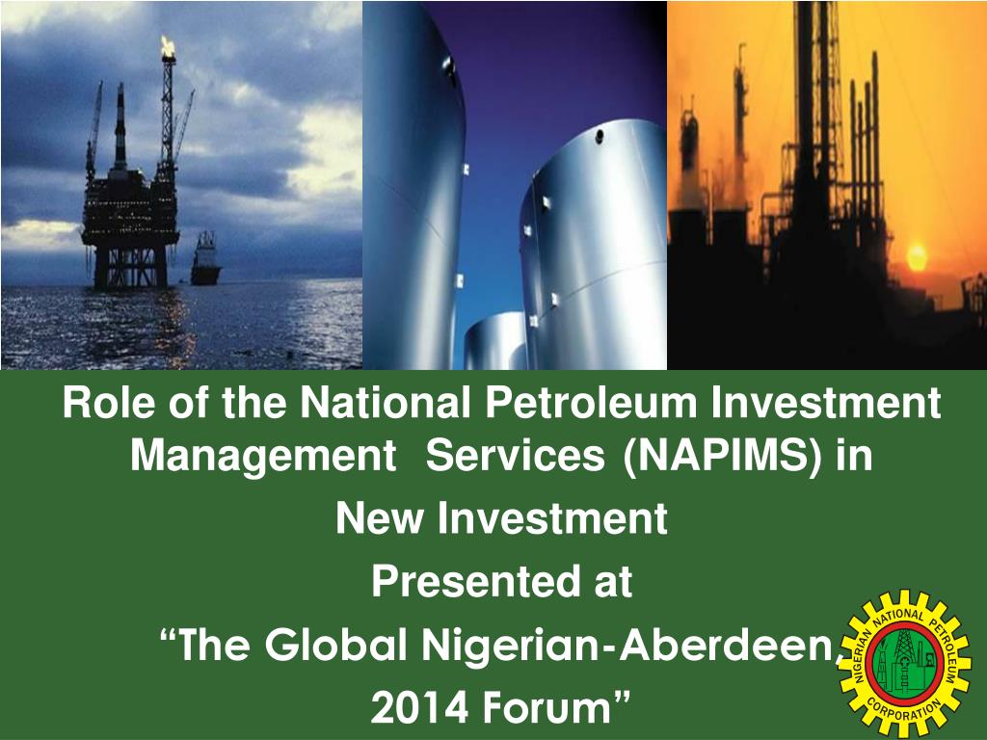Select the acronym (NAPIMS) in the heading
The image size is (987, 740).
pyautogui.click(x=724, y=454)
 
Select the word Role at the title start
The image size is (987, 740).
pyautogui.click(x=105, y=402)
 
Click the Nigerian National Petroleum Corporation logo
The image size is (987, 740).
pyautogui.click(x=902, y=663)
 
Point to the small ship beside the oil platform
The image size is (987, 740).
pyautogui.click(x=205, y=258)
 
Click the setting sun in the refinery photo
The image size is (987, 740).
pyautogui.click(x=917, y=255)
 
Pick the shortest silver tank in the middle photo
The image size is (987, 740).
pyautogui.click(x=495, y=341)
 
